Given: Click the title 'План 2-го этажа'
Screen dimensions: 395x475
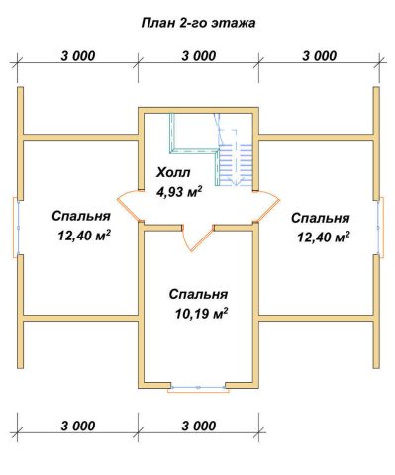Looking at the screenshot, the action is pos(198,23).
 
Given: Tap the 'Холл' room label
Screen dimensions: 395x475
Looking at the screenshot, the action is pos(173,172).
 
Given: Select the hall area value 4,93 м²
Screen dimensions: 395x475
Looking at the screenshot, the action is pos(179,192).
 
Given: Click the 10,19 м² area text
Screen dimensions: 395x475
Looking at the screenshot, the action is pos(201,314).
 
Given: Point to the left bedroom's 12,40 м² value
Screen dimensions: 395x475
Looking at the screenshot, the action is pos(84,236).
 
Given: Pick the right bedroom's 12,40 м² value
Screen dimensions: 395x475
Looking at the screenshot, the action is pos(324,237).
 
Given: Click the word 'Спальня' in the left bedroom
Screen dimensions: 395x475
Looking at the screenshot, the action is pos(81,217).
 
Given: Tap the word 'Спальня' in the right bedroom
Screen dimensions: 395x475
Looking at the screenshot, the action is pos(321,218).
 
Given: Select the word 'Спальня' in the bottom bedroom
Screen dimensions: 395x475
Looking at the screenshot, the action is pos(198,294).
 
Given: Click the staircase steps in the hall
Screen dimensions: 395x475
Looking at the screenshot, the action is pos(236,164).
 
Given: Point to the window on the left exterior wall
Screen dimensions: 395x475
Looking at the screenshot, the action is pos(17,228).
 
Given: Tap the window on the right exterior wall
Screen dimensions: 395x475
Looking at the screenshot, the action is pos(380,228).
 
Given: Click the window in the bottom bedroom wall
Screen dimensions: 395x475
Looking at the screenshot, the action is pos(198,388).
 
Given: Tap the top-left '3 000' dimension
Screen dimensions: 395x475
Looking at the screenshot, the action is pos(78,56).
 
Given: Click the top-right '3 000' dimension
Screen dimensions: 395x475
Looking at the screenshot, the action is pos(320,56).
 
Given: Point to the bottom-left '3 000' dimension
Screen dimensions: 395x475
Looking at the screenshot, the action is pos(78,426).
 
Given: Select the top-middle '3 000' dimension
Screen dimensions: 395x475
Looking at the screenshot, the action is pos(199,56).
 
